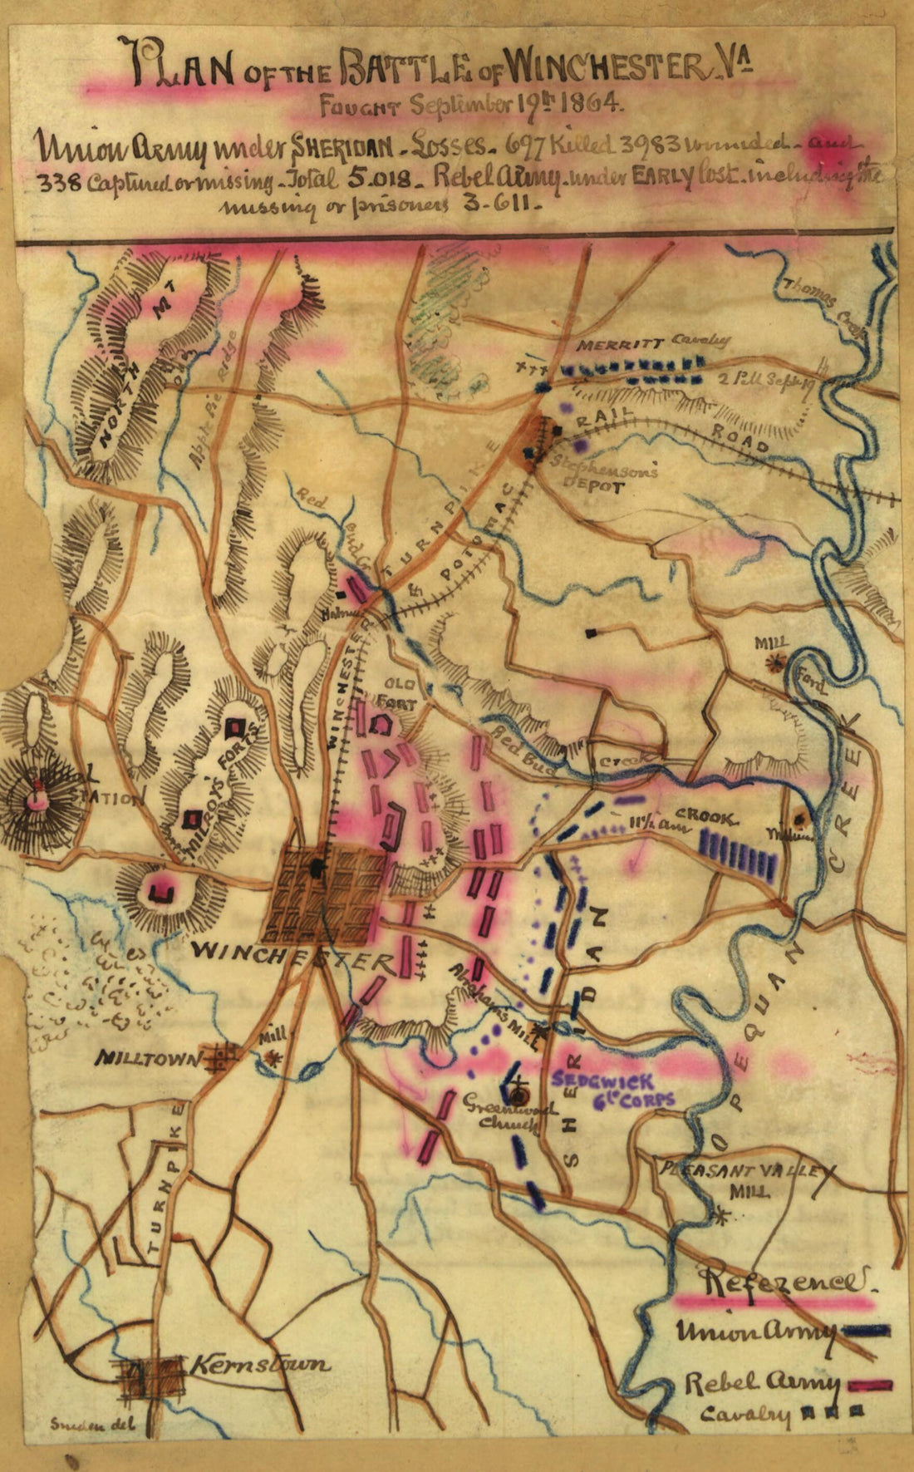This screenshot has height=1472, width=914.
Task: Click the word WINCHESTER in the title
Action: [x=602, y=68]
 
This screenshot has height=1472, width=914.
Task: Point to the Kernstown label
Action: [x=260, y=1365]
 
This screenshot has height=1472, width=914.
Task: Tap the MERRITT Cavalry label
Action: [x=654, y=342]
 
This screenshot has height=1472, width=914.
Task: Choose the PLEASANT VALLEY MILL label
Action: [x=744, y=1178]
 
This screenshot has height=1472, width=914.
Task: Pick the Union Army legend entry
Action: [x=754, y=1331]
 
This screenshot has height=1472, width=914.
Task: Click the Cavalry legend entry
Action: [x=745, y=1415]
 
